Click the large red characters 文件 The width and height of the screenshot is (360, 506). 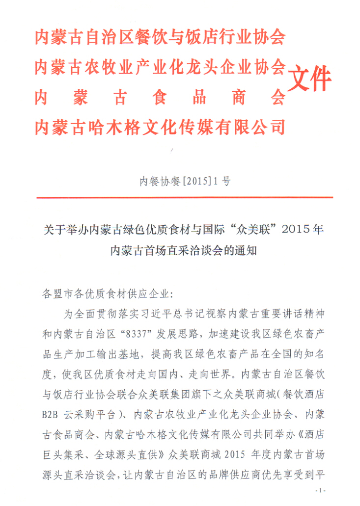point(309,78)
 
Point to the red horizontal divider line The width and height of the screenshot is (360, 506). point(185,198)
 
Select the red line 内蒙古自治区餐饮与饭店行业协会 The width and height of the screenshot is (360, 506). point(160,37)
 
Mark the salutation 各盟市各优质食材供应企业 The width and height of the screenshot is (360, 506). point(104,294)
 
